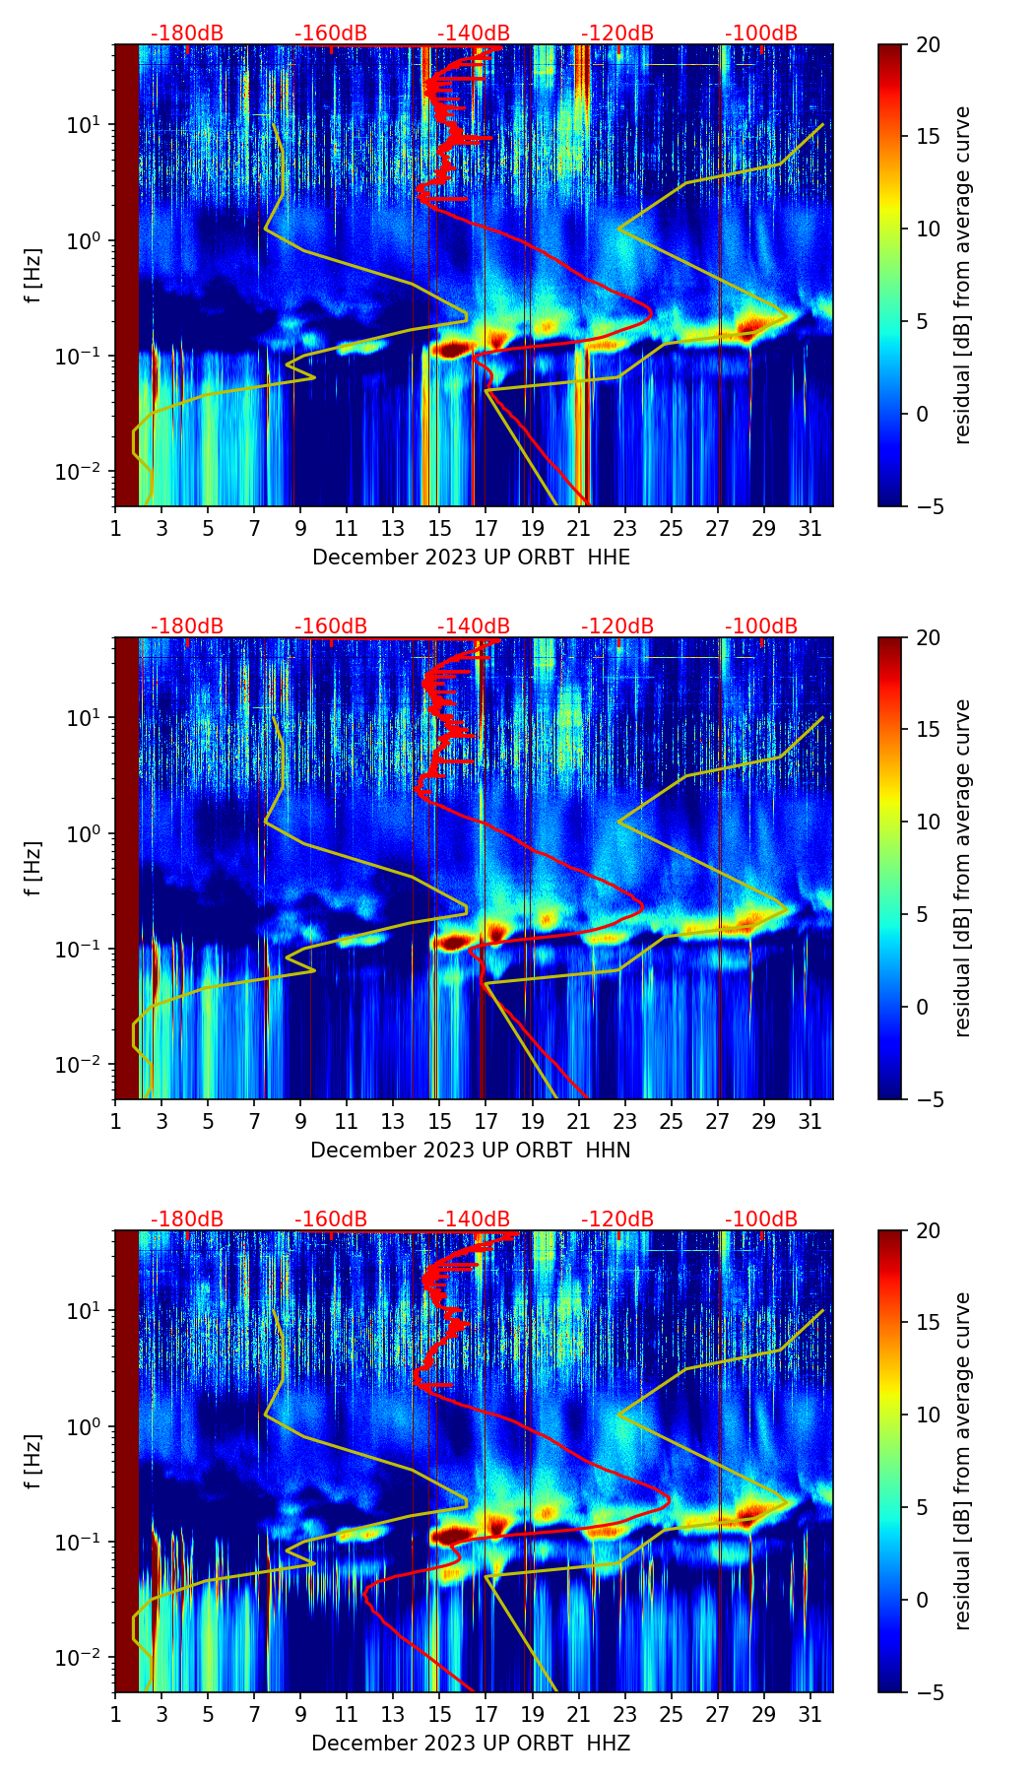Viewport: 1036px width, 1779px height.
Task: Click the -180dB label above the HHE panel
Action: point(187,33)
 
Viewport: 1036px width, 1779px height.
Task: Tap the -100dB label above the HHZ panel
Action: point(761,1219)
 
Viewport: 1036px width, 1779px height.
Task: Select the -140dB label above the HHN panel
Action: point(474,626)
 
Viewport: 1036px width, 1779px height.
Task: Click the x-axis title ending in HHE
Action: point(471,558)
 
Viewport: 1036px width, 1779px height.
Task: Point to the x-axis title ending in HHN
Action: point(471,1151)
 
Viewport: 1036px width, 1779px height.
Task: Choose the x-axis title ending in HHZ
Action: point(471,1744)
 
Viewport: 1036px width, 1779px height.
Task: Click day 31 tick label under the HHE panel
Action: point(809,528)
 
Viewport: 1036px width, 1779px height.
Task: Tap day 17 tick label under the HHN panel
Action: point(486,1121)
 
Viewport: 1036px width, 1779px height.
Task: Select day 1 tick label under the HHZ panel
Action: point(115,1714)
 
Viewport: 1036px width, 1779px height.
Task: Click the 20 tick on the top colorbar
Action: point(929,45)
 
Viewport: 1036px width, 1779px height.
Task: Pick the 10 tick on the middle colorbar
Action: point(929,822)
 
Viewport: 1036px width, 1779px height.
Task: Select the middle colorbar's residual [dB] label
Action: point(962,868)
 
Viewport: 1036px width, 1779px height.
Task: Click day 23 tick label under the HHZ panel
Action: point(624,1714)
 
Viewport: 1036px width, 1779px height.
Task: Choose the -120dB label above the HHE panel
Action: point(617,33)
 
